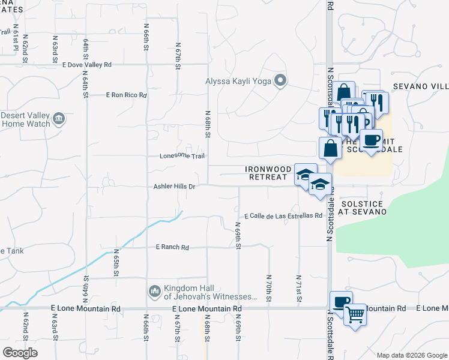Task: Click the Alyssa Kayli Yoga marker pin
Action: (280, 80)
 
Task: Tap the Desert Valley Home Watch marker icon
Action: (59, 119)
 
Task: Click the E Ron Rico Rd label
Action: (126, 95)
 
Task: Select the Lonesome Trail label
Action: (182, 156)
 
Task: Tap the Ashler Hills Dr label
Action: (175, 187)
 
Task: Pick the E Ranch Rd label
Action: (172, 247)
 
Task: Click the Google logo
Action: (20, 353)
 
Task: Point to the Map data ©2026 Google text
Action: (411, 355)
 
